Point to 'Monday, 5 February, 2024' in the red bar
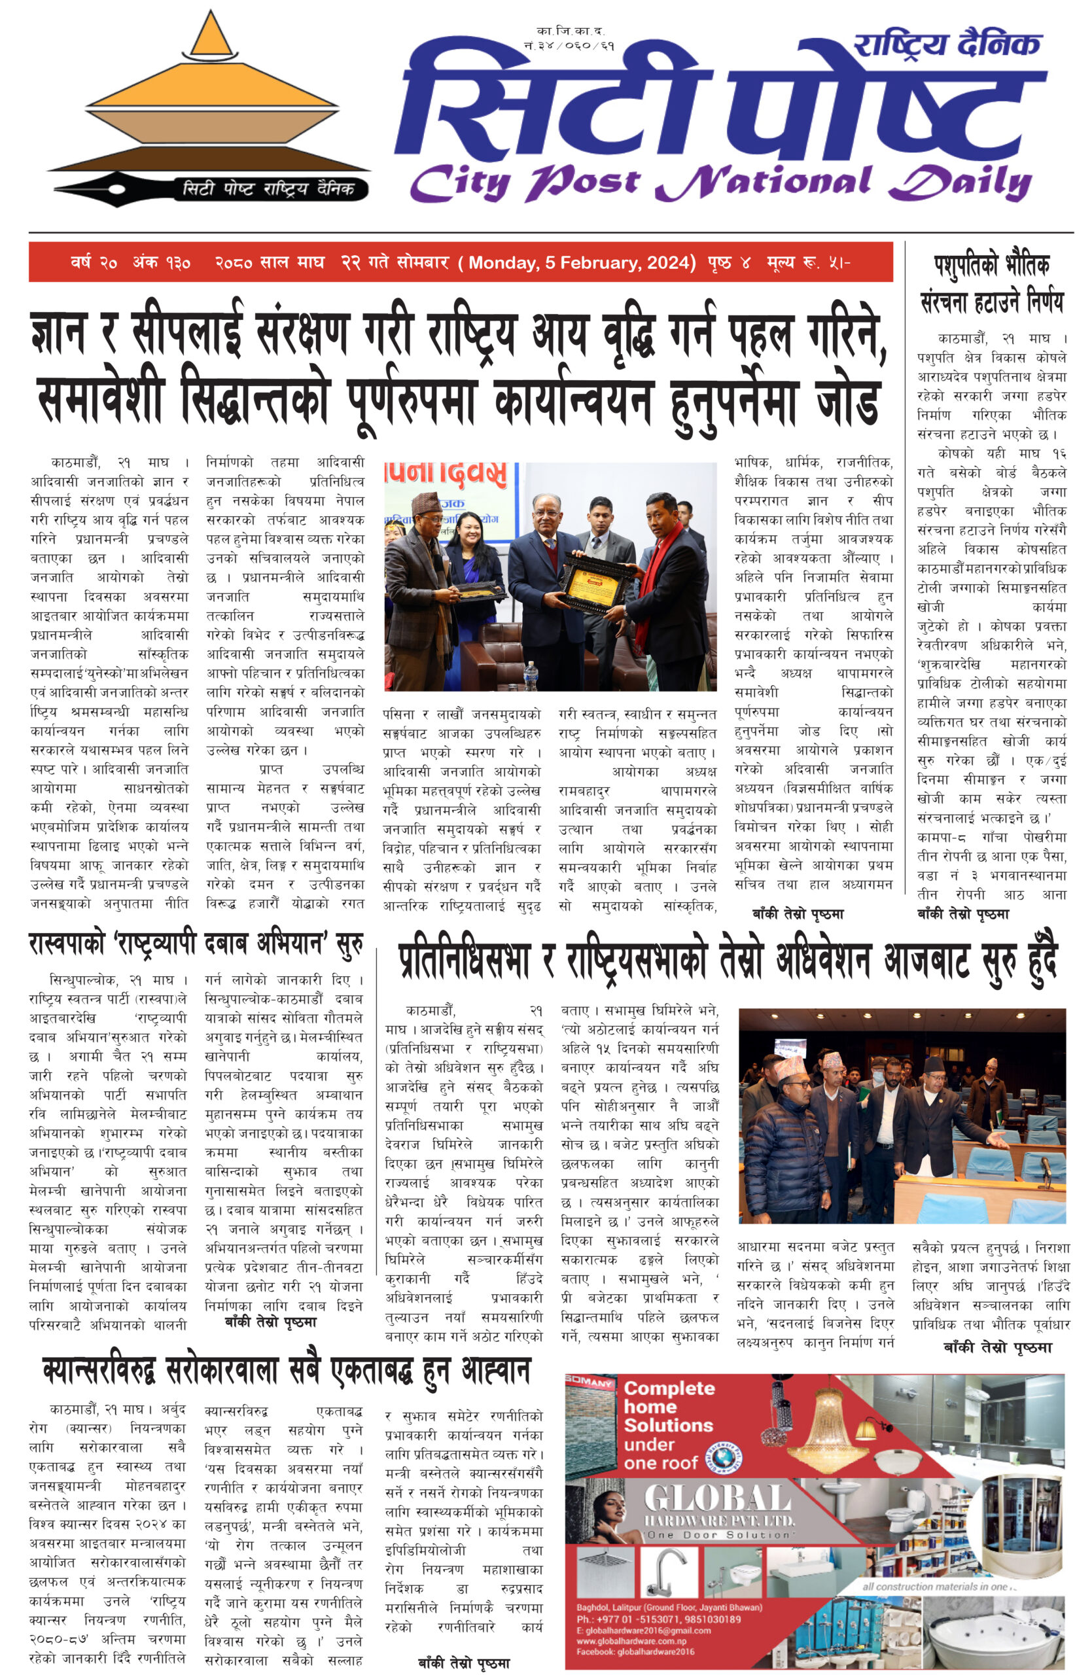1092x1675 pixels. coord(581,262)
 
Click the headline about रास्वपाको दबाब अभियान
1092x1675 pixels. coord(196,943)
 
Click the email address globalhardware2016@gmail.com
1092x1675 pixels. coord(643,1630)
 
